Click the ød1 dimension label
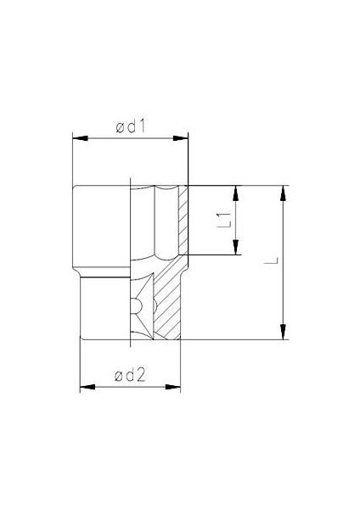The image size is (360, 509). tap(132, 127)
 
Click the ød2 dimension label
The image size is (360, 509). tap(131, 377)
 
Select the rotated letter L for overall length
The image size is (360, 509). tap(269, 262)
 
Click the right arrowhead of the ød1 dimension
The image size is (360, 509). tap(183, 137)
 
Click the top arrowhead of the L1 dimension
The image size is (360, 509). tap(237, 192)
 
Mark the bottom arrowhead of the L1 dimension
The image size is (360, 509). tap(237, 248)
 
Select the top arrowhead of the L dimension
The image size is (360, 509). tap(284, 192)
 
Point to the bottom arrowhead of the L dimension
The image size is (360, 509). tap(284, 333)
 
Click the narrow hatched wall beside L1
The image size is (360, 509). tap(183, 219)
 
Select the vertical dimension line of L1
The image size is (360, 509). tap(237, 229)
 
